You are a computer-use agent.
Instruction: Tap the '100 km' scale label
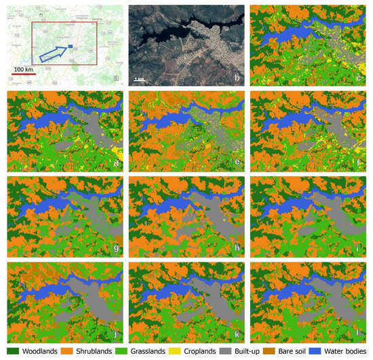pos(24,71)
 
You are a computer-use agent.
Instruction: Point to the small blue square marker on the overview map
pos(71,46)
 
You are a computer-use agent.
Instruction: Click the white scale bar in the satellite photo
pos(138,79)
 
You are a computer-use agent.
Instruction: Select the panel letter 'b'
pos(237,79)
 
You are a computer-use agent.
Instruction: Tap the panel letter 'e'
pos(237,163)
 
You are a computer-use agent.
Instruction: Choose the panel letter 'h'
pos(237,248)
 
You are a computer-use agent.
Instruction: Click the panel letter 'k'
pos(237,335)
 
